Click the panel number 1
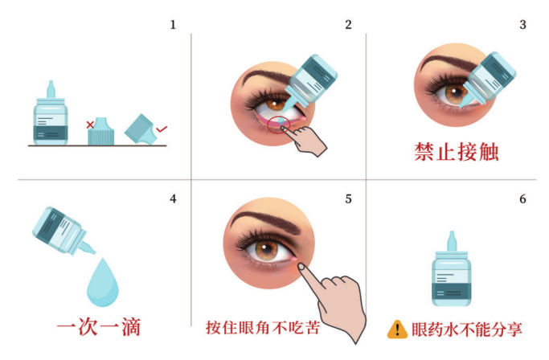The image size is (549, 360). (x=172, y=25)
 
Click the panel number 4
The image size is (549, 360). (x=172, y=198)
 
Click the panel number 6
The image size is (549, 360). (x=522, y=198)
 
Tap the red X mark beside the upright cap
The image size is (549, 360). (x=89, y=125)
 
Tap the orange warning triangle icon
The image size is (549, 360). (x=397, y=329)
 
